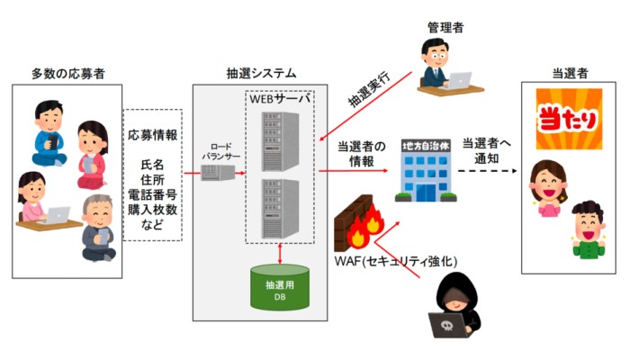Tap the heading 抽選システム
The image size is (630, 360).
click(x=262, y=72)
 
